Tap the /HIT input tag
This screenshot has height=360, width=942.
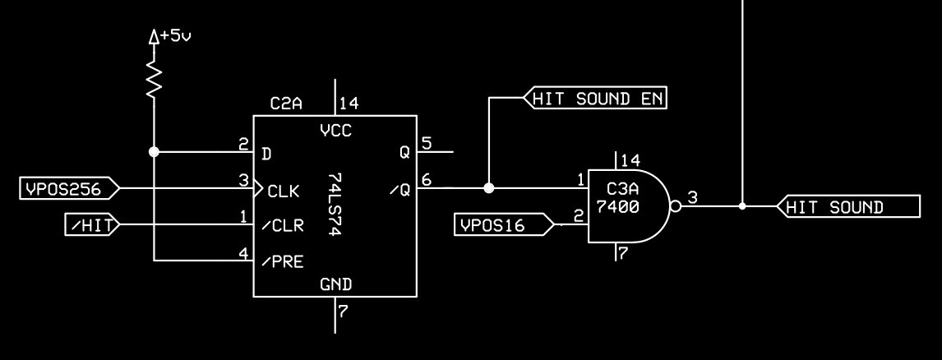90,224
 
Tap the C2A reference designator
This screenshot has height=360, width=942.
287,104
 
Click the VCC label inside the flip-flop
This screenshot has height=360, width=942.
335,129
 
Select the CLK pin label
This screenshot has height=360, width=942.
284,192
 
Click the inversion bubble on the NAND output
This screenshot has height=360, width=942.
676,206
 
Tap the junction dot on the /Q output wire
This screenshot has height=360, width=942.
489,188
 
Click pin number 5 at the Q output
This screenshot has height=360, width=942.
427,144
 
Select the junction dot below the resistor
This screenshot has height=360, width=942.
154,152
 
